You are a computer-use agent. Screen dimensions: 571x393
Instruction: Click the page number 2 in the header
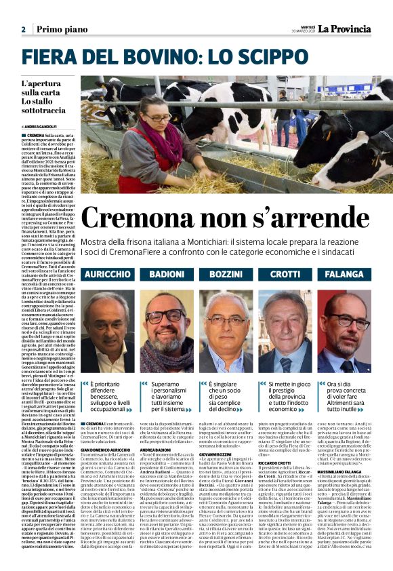click(23, 29)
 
